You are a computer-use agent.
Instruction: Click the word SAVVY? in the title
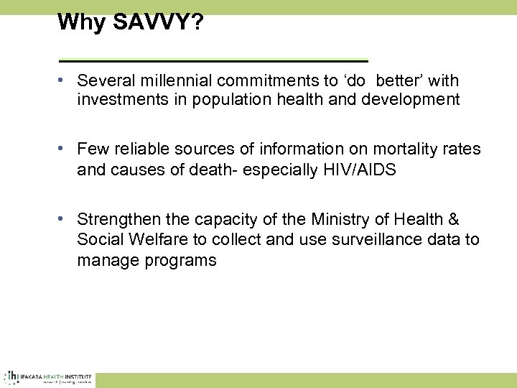154,22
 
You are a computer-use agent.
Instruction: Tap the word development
404,99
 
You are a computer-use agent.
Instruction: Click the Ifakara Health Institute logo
46,377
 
